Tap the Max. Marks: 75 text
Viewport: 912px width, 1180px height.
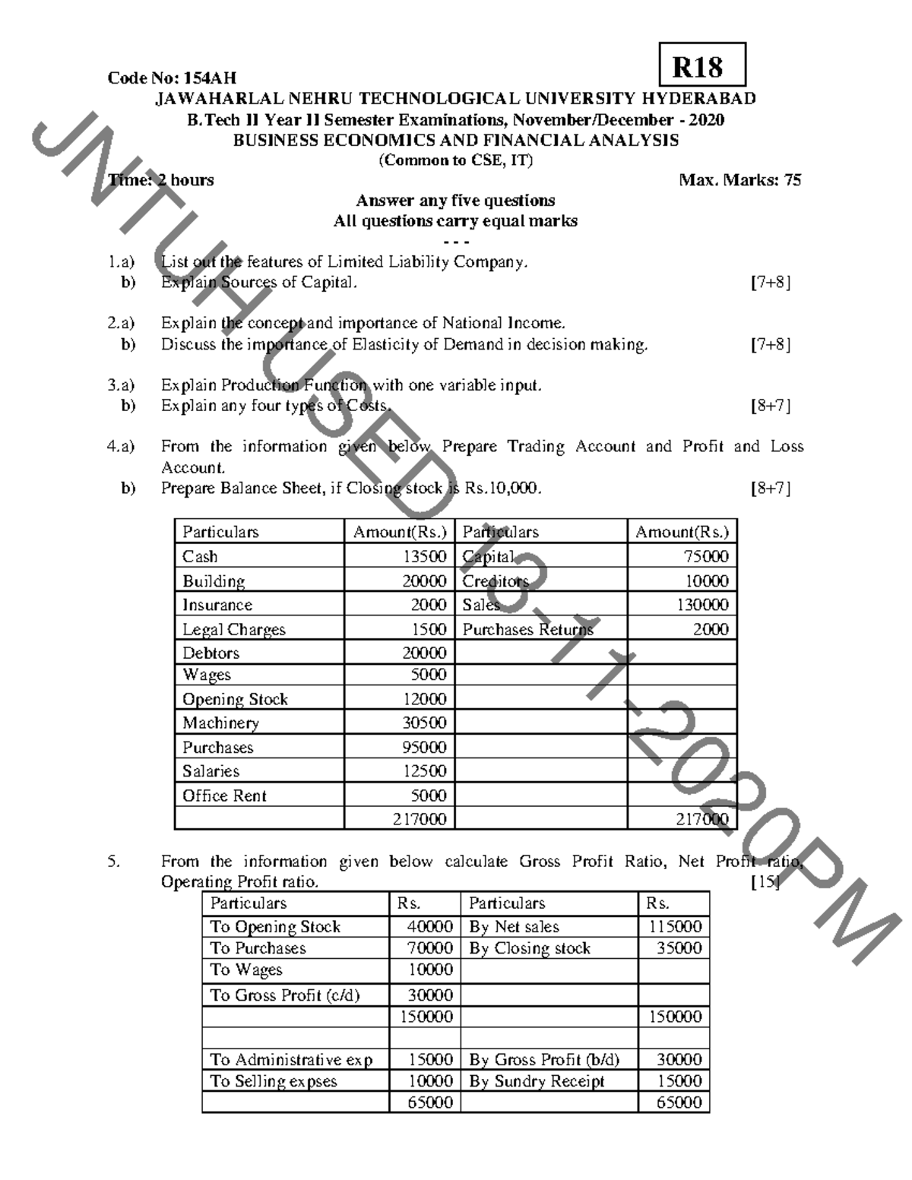tap(739, 180)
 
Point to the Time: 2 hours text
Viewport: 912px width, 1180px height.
tap(161, 180)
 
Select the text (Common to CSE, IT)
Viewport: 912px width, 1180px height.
tap(456, 160)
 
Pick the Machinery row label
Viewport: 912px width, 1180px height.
tap(220, 723)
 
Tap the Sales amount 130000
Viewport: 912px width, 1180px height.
tap(702, 605)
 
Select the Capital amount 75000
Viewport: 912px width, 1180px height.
tap(706, 556)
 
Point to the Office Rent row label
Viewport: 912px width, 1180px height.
tap(224, 796)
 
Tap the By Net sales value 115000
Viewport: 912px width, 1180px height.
tap(675, 927)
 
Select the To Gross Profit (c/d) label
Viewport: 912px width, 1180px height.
tap(285, 995)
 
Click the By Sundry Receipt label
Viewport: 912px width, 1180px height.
tap(537, 1081)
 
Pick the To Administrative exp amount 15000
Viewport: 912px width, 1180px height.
tap(430, 1059)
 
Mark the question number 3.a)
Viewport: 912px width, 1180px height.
tap(121, 385)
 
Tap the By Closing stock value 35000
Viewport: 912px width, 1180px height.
tap(679, 948)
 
